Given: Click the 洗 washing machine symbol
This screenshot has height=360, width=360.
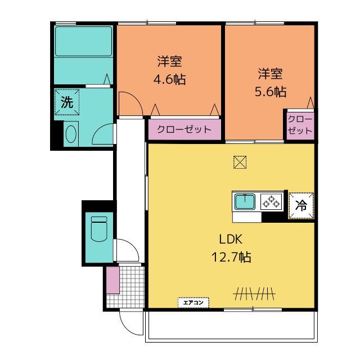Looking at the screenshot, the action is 67,102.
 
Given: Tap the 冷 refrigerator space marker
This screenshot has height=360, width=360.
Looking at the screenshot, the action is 301,205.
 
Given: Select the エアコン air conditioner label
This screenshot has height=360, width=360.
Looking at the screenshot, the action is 193,303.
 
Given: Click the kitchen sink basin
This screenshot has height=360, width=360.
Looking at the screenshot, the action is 245,202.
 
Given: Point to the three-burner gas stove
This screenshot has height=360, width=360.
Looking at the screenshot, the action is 271,201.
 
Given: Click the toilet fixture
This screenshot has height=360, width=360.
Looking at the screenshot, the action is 99,229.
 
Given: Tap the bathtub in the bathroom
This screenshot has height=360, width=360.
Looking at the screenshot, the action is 84,41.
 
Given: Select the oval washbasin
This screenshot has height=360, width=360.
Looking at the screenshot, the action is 71,134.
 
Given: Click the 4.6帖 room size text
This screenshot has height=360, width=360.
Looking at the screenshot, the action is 170,79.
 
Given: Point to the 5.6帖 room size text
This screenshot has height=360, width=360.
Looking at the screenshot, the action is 271,92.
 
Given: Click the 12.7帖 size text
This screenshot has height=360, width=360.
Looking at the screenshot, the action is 231,257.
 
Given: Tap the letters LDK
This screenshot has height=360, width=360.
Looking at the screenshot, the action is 231,240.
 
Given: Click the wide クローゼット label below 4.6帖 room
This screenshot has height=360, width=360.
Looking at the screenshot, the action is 184,129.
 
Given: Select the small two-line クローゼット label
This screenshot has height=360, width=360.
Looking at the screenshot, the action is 300,125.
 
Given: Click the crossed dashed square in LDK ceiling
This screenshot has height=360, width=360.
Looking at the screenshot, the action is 240,163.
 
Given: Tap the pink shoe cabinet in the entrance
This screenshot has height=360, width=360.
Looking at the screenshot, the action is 112,280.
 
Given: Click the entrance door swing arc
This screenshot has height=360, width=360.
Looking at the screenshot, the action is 129,326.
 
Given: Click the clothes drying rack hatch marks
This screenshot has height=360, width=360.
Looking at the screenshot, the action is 254,294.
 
